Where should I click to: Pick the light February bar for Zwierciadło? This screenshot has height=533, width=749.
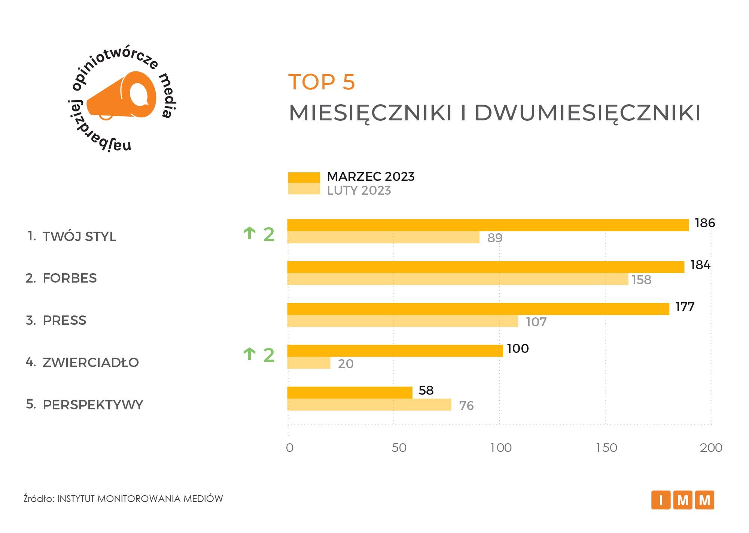point(309,363)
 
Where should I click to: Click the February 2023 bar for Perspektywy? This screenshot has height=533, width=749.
point(369,405)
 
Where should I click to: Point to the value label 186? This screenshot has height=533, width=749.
point(704,223)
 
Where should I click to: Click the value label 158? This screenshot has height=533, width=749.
point(642,280)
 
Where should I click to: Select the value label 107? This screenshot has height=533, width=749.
point(536,322)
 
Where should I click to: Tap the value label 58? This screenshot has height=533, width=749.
point(426,390)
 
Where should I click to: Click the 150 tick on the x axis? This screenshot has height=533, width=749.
point(606,448)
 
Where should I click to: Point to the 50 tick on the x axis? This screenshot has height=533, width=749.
point(399,448)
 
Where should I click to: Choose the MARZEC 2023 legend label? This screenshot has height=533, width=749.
point(371,176)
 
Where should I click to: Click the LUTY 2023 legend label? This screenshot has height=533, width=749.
point(359,191)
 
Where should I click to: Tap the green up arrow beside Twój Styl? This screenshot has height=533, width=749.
point(249,234)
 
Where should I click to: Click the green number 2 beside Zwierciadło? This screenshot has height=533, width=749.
point(269,355)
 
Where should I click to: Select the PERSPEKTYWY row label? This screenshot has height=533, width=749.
point(93,405)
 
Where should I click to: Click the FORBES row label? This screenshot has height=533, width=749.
point(70,278)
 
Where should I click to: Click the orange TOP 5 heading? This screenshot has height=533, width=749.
point(321,82)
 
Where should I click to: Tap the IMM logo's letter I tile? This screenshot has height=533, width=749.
point(661,500)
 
